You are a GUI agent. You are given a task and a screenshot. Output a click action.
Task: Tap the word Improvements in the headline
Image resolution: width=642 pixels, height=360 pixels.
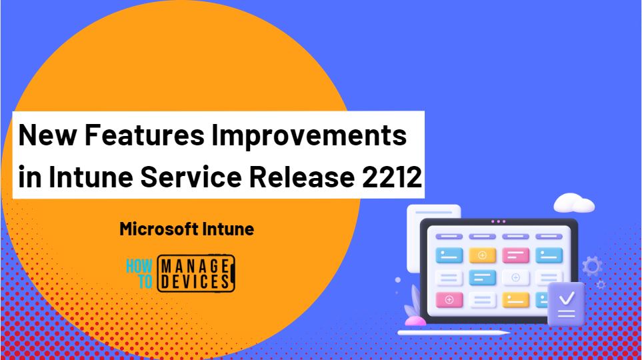click(x=309, y=135)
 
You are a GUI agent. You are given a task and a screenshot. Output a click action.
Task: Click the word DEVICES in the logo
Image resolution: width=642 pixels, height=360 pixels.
click(x=195, y=281)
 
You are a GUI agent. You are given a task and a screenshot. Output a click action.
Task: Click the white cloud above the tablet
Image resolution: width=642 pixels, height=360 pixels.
click(x=573, y=202)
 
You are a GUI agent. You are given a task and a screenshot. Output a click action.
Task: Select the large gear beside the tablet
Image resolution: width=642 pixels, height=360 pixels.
click(x=591, y=267)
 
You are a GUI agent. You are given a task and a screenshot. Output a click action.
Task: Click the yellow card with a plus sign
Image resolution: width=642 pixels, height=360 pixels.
click(x=482, y=255)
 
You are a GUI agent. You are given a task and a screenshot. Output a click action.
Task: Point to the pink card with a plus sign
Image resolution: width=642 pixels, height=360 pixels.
click(x=449, y=300)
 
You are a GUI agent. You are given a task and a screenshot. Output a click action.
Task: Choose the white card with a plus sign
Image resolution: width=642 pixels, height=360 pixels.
click(x=515, y=277)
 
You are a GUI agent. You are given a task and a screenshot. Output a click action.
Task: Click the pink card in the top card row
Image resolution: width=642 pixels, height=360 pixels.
click(x=515, y=255)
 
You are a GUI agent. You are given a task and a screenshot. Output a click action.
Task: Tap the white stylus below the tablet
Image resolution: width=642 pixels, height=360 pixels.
click(x=453, y=332)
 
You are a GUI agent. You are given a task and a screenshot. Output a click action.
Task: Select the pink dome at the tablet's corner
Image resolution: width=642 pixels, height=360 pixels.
click(x=415, y=321)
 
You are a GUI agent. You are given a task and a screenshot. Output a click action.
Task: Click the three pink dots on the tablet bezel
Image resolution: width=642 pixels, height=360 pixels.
click(x=498, y=221)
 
